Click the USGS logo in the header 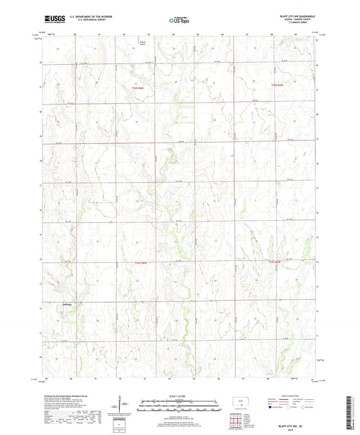click(x=51, y=20)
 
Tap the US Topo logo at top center click(x=179, y=21)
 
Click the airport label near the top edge click(x=143, y=45)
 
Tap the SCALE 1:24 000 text click(x=180, y=396)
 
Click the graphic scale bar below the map click(x=180, y=407)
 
